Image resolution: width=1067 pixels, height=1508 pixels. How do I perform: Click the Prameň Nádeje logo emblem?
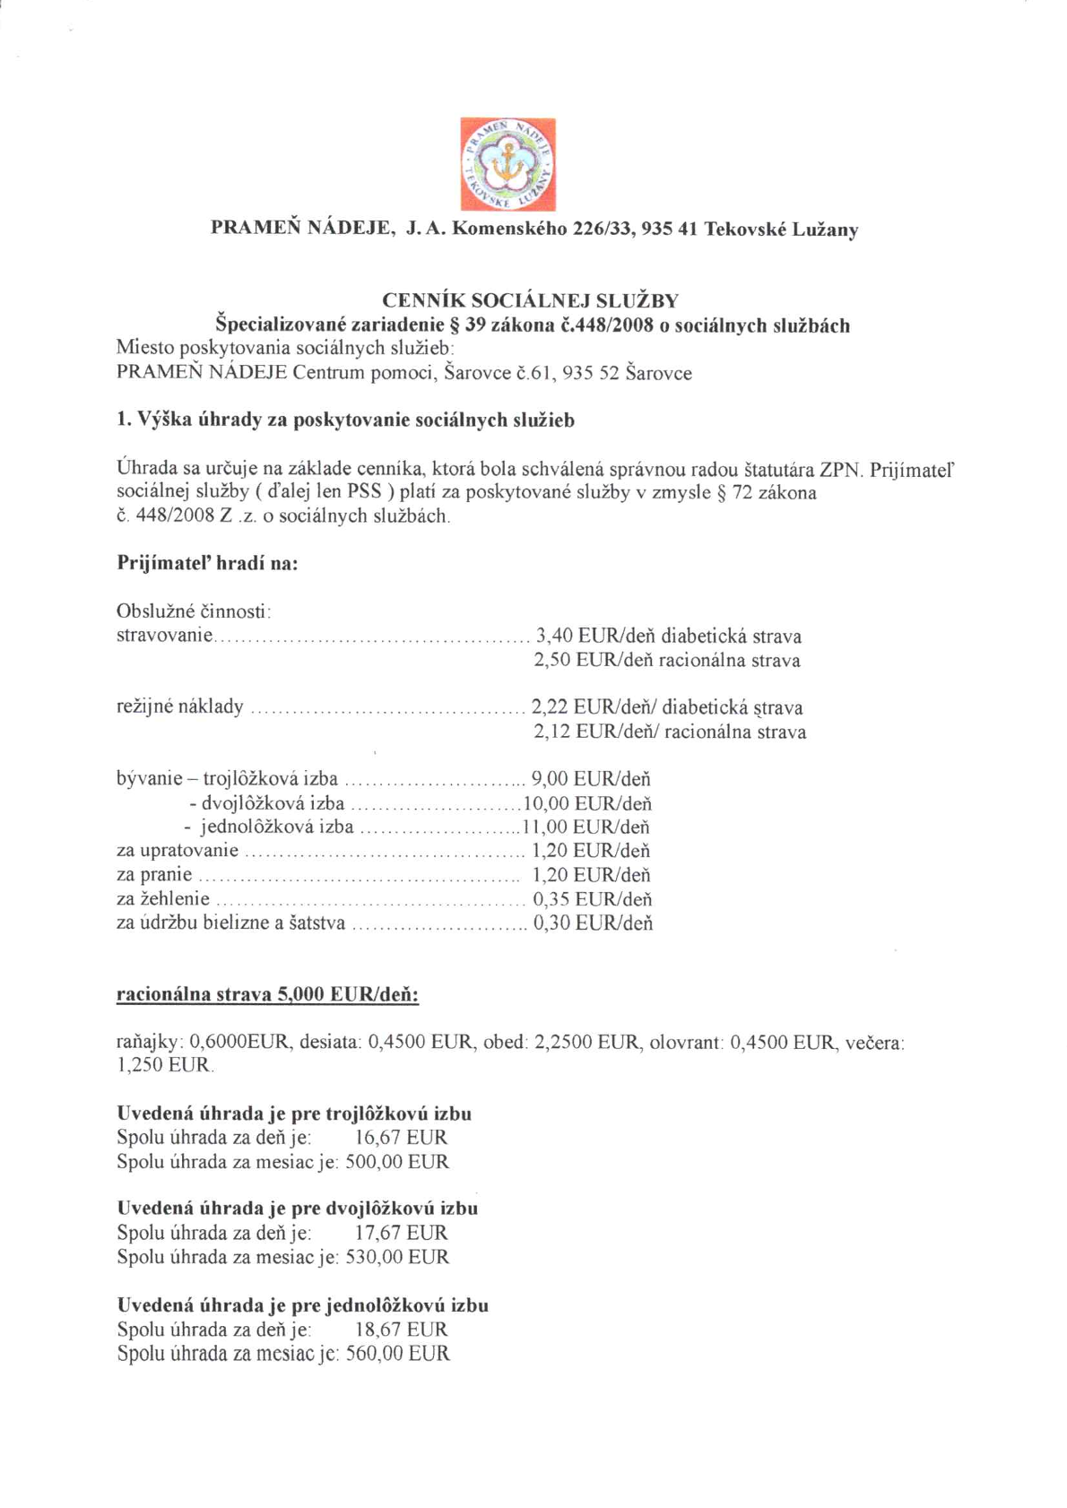507,164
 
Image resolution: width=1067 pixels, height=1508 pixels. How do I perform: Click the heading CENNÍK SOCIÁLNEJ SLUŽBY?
530,300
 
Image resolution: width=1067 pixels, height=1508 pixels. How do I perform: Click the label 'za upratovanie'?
178,851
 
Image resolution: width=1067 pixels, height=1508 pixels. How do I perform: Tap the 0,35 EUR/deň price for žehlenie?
592,899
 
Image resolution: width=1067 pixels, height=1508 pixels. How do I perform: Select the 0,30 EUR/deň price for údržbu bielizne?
593,923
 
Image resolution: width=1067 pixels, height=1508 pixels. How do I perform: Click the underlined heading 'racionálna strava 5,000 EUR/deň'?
268,994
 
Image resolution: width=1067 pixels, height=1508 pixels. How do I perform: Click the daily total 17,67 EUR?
401,1233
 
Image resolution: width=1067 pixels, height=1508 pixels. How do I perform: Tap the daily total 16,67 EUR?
401,1138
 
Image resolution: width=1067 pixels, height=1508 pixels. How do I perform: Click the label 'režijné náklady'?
180,706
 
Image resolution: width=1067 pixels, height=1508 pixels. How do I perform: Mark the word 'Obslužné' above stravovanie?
150,611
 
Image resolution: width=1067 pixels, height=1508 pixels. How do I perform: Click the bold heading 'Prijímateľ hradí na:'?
207,564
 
